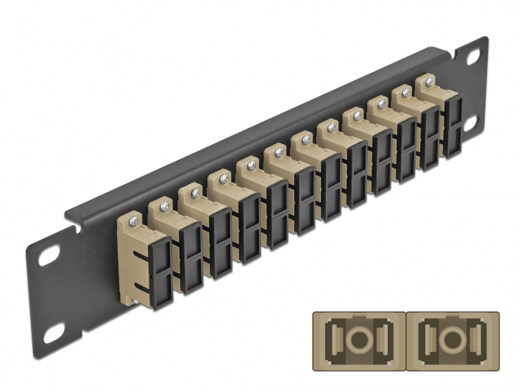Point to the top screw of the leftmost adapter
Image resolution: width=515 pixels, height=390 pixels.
132,219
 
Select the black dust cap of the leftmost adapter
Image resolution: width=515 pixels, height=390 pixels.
162,265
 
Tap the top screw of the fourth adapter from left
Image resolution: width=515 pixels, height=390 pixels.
222,179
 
